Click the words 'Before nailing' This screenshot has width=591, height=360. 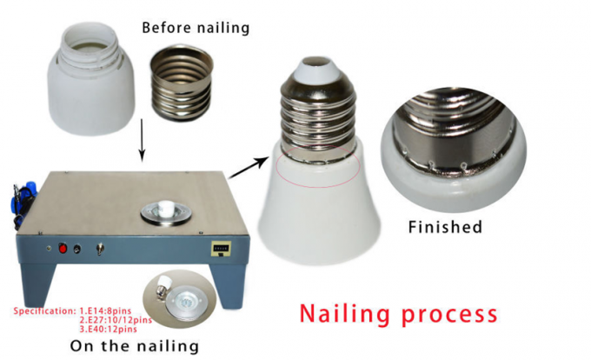click(x=196, y=29)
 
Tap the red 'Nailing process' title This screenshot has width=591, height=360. click(x=398, y=314)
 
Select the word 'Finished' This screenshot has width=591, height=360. click(x=445, y=227)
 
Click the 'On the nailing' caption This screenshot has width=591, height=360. click(x=135, y=346)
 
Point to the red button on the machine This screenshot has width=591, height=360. click(x=63, y=249)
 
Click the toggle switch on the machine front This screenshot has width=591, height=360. click(x=101, y=249)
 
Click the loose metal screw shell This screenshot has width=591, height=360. click(x=182, y=83)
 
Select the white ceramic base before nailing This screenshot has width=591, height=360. click(x=91, y=79)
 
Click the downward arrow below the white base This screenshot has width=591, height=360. click(x=142, y=139)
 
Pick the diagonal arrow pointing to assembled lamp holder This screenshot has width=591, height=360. click(x=248, y=168)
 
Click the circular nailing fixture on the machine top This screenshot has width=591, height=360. click(x=166, y=213)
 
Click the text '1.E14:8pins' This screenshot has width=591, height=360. click(x=105, y=311)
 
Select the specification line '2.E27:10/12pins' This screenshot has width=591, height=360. click(x=116, y=320)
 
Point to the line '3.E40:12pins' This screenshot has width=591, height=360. click(x=108, y=329)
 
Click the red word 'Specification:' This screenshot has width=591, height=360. click(x=45, y=311)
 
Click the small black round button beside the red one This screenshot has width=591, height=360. click(x=76, y=249)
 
